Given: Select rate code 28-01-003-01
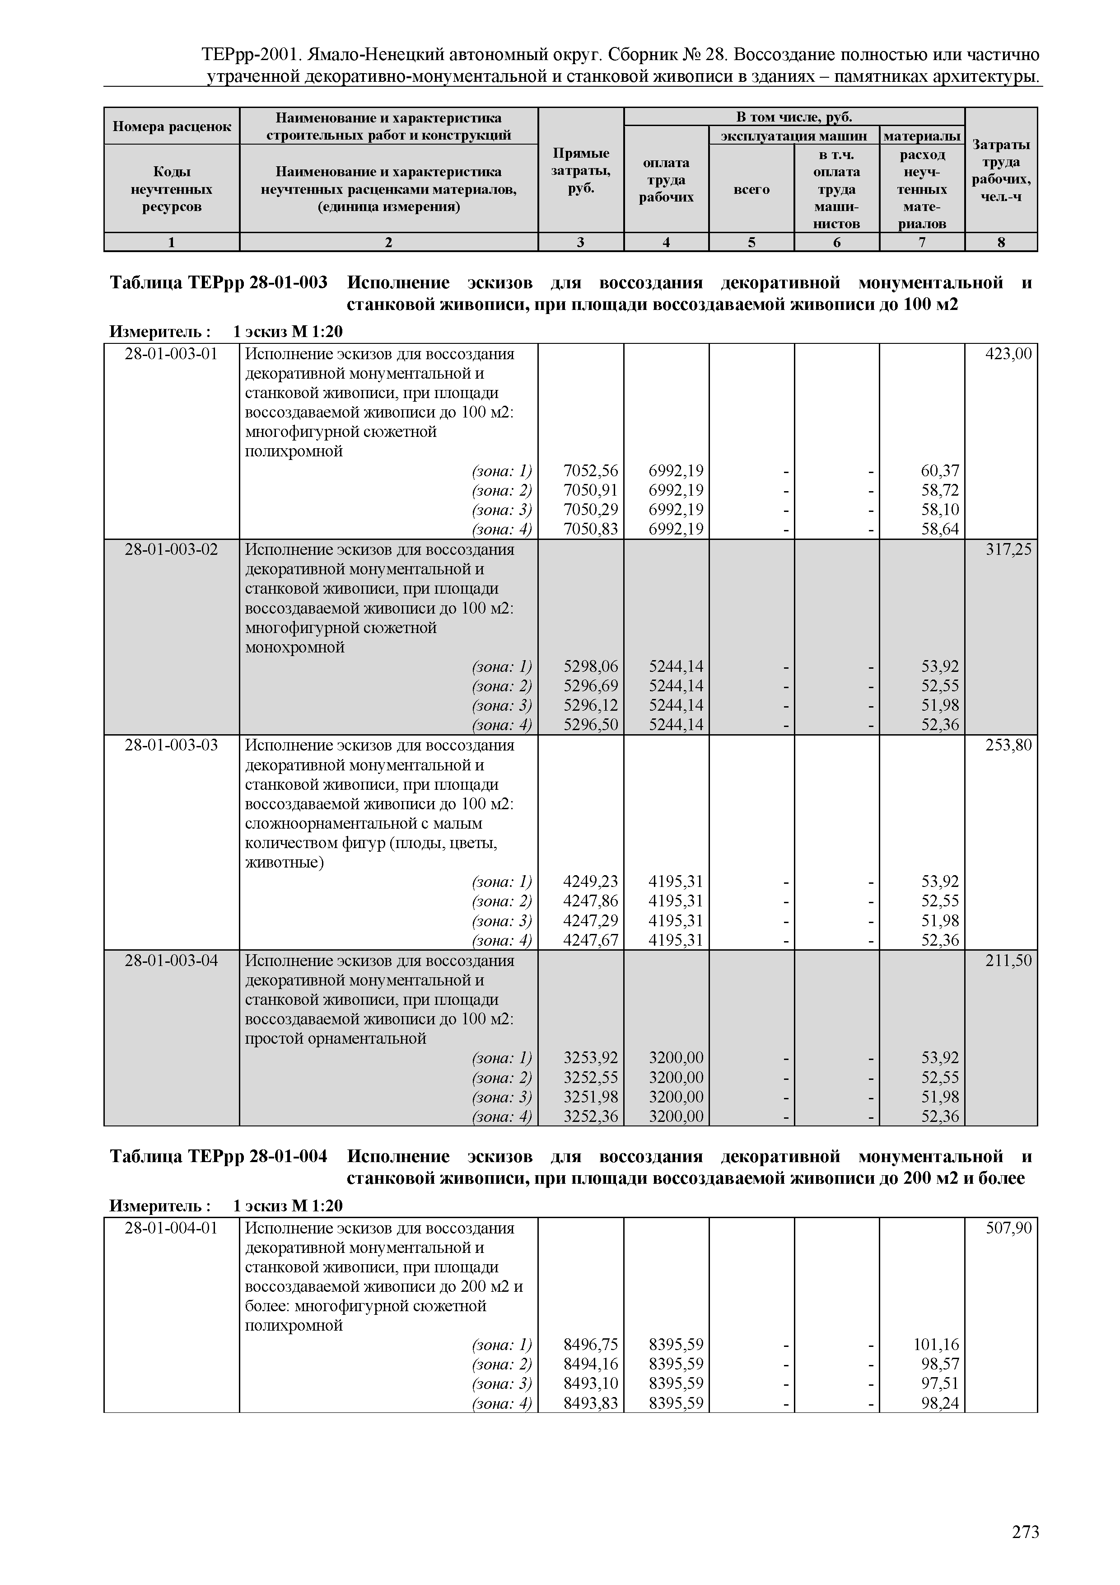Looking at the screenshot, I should pyautogui.click(x=171, y=354).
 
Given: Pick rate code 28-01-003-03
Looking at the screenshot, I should pyautogui.click(x=171, y=746).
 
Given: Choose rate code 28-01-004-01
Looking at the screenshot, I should pyautogui.click(x=171, y=1228).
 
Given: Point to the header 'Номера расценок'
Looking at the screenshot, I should pyautogui.click(x=172, y=127).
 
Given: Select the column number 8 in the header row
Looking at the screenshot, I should pyautogui.click(x=1001, y=242).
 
